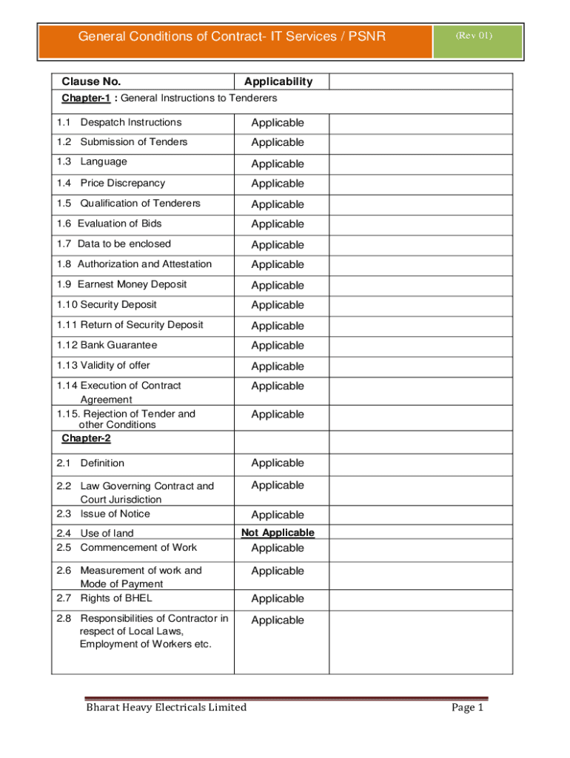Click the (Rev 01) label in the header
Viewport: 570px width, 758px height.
[474, 35]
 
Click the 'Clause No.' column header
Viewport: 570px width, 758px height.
[91, 81]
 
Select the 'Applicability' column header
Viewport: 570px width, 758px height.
[278, 81]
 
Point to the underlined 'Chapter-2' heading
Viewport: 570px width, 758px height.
[86, 438]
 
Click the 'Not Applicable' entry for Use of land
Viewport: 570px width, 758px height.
[278, 532]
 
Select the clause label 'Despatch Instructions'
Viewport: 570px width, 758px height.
[130, 122]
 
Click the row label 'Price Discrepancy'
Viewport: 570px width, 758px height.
[122, 183]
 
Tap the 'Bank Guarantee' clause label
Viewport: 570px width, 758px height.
[118, 345]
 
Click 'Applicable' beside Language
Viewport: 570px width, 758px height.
[277, 164]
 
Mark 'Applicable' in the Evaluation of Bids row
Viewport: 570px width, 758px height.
[277, 224]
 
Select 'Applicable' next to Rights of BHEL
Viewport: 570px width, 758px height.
[277, 598]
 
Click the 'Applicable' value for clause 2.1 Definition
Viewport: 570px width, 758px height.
[277, 463]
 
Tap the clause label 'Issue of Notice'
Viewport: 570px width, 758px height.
[115, 514]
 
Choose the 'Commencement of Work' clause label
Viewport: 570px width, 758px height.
[138, 547]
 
